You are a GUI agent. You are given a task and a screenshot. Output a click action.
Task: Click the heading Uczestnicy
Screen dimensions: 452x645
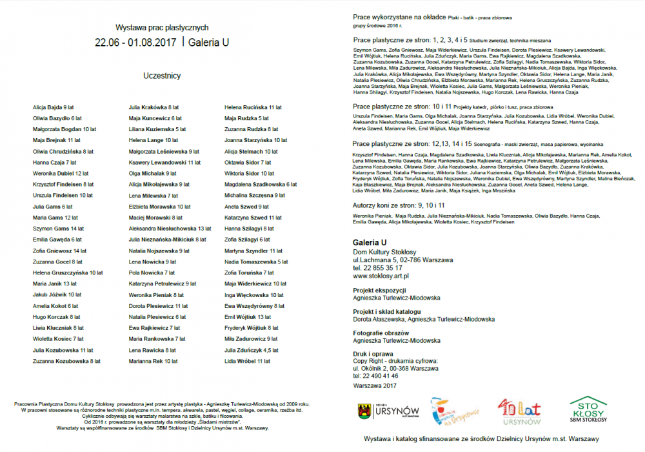coord(161,76)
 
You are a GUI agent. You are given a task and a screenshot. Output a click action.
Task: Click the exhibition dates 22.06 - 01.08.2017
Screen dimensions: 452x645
coord(136,43)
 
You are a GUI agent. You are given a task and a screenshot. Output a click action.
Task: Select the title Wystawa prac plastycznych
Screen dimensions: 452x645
coord(161,28)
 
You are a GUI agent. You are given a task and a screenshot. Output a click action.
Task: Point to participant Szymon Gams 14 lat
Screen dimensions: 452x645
coord(59,229)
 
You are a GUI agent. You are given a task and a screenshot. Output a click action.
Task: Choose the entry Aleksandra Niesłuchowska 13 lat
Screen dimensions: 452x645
coord(170,229)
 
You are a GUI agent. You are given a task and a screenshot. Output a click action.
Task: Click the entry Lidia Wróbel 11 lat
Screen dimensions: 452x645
coord(247,361)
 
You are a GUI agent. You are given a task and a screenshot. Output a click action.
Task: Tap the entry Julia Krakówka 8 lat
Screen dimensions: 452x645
coord(154,107)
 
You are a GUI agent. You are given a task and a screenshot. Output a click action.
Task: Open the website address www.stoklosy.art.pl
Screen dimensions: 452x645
coord(382,276)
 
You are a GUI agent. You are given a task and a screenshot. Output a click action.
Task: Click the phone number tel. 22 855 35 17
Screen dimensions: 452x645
coord(377,267)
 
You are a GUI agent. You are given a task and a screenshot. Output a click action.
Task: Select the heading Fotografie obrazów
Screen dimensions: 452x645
coord(381,333)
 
